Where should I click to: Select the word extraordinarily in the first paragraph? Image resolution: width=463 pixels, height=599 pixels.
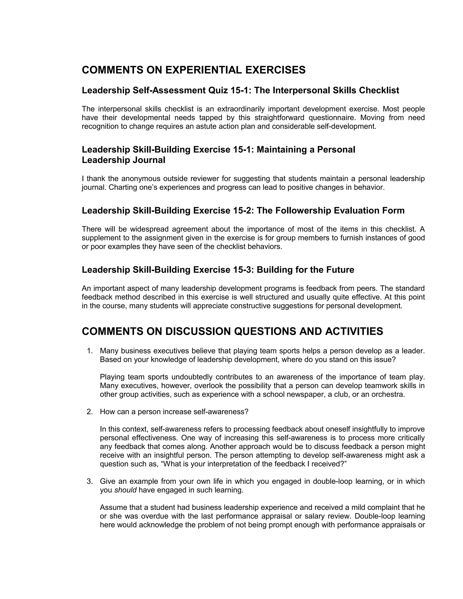click(241, 109)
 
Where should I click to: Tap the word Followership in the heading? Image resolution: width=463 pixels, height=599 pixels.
click(303, 211)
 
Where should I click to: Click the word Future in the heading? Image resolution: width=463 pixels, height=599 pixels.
click(340, 270)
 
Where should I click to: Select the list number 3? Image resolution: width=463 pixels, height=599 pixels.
click(90, 481)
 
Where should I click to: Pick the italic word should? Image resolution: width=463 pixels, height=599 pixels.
click(125, 490)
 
